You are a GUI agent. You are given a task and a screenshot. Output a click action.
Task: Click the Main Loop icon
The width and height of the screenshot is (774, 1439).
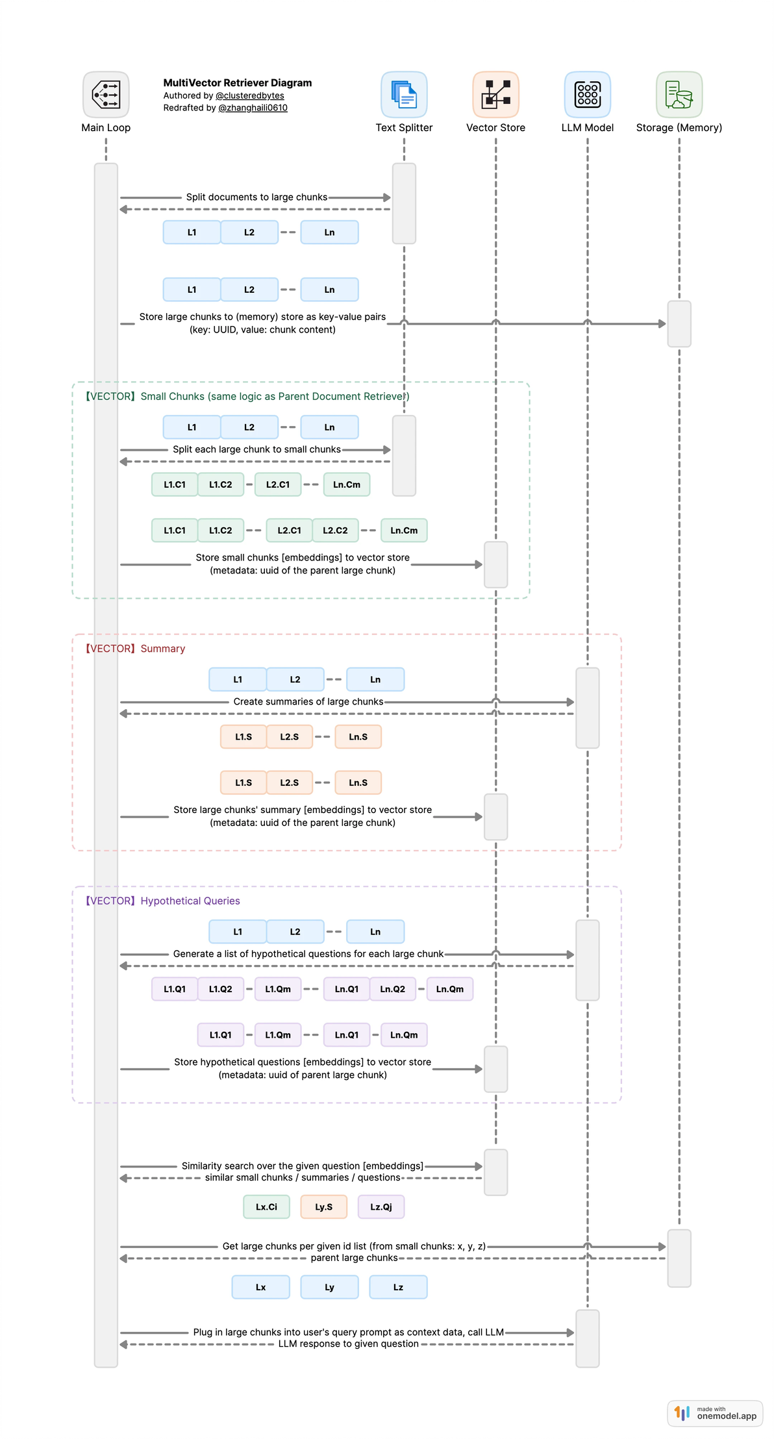[106, 95]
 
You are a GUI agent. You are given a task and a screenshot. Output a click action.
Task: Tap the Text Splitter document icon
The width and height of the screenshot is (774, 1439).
[404, 95]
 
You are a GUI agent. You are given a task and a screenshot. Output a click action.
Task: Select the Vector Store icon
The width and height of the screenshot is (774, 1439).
[495, 95]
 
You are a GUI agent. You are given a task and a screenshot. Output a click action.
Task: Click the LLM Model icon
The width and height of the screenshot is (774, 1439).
[587, 95]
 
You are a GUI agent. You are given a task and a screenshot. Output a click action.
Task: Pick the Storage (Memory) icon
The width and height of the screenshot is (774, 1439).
[679, 95]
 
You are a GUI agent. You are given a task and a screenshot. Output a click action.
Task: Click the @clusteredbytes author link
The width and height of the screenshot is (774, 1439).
[249, 95]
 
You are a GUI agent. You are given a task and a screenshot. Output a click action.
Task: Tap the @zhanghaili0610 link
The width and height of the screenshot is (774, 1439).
[253, 108]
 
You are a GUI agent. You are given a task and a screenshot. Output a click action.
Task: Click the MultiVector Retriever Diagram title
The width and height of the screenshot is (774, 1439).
[237, 83]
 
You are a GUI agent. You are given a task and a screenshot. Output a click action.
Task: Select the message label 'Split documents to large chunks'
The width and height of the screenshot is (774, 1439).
[256, 197]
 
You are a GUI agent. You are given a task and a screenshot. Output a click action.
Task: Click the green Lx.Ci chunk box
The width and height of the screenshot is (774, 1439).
[266, 1207]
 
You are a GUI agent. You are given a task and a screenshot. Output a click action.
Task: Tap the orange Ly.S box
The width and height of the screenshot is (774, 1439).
[323, 1207]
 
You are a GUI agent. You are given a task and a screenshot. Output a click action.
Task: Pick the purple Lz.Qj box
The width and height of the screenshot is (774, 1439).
[381, 1207]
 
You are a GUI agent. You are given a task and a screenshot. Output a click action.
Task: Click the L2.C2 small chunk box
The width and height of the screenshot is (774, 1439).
[335, 531]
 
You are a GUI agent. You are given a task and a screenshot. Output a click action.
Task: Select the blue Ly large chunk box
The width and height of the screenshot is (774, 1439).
[329, 1287]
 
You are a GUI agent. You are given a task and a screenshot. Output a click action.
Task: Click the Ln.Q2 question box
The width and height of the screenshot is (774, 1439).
[392, 989]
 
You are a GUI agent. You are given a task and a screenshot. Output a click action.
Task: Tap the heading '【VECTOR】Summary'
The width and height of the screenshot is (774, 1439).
[135, 649]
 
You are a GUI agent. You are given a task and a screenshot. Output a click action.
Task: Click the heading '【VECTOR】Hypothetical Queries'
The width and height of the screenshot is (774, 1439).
[162, 901]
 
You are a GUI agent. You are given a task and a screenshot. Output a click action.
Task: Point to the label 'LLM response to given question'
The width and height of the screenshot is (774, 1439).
[348, 1344]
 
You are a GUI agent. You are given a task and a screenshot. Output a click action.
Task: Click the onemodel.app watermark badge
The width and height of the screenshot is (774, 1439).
[715, 1413]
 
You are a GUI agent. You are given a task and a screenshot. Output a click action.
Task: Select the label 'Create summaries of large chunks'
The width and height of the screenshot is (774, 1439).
[308, 702]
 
